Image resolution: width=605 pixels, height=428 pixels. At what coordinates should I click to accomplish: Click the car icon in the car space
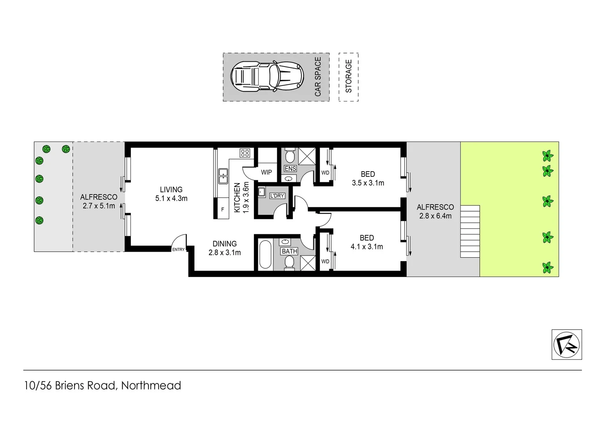point(267,76)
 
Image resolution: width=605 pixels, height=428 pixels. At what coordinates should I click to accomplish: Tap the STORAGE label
point(349,76)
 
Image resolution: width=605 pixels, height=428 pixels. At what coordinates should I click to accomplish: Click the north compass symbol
point(567,344)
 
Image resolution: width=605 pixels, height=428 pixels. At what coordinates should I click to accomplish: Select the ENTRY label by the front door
point(178,249)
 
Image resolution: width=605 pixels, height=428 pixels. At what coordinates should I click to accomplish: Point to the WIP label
point(266,172)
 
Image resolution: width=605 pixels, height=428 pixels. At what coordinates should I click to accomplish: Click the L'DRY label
point(277,196)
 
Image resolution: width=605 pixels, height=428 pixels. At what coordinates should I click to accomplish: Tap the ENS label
point(290,168)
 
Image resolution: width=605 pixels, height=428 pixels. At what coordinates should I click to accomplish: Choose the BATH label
point(289,251)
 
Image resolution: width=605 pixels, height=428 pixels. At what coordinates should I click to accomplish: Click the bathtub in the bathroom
point(265,254)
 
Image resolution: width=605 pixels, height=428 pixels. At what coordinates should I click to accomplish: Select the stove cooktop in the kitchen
point(245,153)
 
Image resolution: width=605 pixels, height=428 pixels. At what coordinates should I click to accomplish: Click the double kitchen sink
point(223,176)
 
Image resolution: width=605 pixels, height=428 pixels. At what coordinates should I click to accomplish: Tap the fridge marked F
point(223,210)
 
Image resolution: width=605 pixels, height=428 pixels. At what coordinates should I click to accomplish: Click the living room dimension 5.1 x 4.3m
point(171,198)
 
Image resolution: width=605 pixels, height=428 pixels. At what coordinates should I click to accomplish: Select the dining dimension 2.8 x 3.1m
point(225,252)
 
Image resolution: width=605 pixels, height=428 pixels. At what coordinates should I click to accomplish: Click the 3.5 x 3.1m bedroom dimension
point(368,183)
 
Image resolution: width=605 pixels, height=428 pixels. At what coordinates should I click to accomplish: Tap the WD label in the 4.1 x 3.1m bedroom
point(325,261)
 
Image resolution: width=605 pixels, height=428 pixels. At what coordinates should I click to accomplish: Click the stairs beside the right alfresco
point(470,231)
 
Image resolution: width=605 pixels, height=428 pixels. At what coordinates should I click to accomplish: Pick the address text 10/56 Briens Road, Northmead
point(102,385)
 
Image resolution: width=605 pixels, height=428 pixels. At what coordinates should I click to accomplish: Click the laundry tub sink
point(262,192)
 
